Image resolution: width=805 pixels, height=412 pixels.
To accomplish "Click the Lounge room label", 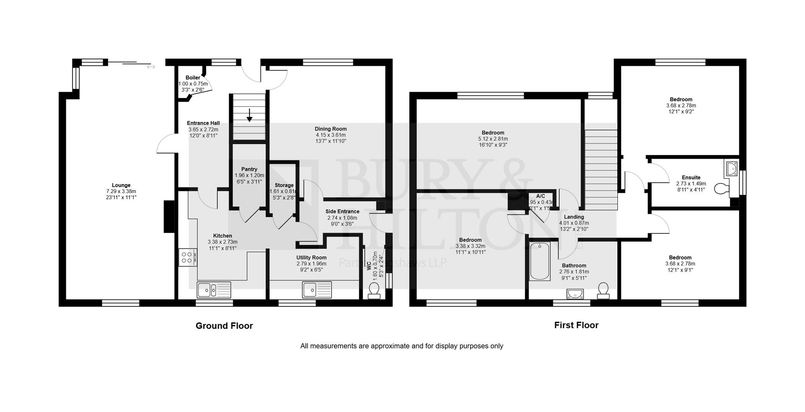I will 121,185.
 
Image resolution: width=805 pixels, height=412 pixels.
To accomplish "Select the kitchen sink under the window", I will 214,289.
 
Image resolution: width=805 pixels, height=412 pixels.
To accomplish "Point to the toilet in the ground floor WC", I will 373,290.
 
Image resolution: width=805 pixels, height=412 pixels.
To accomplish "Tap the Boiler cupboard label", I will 193,77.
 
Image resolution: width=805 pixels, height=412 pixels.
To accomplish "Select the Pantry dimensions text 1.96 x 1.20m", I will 249,175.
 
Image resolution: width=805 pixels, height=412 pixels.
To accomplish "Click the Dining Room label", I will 330,129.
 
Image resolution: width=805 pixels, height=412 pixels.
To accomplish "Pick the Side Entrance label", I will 342,211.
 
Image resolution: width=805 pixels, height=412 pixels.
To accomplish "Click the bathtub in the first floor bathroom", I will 540,262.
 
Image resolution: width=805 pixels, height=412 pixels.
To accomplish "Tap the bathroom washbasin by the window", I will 575,294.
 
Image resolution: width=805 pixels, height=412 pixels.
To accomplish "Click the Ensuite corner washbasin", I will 732,168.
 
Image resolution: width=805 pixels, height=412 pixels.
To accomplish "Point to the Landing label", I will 574,217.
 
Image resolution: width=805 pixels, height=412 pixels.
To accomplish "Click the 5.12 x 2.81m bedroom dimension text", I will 493,139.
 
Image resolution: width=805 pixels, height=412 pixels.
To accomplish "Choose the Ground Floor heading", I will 224,326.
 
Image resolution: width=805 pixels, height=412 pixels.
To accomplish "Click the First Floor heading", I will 576,325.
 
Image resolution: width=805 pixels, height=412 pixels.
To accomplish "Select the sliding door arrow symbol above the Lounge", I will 151,67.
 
